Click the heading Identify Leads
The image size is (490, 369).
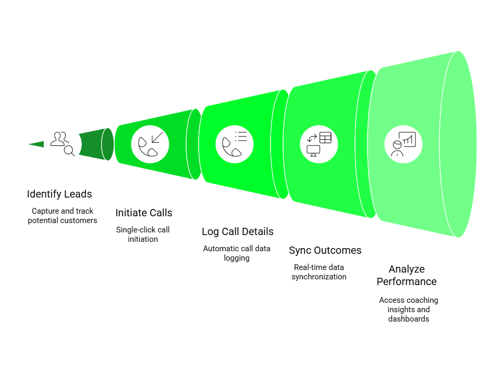(x=59, y=194)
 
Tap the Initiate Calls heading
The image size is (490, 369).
(x=143, y=213)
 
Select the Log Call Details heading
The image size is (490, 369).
(x=237, y=232)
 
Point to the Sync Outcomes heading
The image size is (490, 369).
(x=325, y=251)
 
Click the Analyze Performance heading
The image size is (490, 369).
(x=407, y=275)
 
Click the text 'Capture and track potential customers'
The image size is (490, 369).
(x=63, y=216)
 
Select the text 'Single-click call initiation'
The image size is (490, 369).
(x=143, y=234)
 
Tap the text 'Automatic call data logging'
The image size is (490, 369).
(x=237, y=253)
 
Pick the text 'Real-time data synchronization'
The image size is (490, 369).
(x=319, y=272)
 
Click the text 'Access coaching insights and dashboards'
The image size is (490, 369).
(x=409, y=309)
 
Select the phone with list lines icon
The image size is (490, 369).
(x=235, y=144)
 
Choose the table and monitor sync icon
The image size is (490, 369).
(x=319, y=144)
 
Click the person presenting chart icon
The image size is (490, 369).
(x=403, y=144)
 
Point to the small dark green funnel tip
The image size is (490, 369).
(x=36, y=144)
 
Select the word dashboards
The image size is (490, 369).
(x=409, y=318)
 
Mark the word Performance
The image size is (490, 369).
(x=407, y=281)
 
